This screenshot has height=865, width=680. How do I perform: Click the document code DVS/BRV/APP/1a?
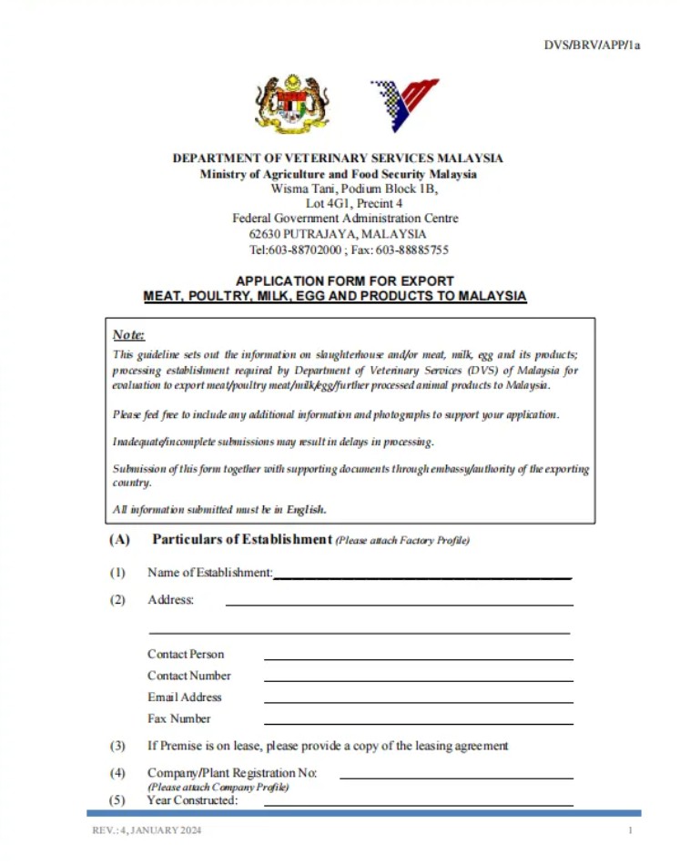point(592,44)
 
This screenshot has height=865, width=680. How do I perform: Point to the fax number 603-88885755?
point(411,249)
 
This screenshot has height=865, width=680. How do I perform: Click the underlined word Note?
point(129,335)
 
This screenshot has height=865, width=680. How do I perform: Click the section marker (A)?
point(119,540)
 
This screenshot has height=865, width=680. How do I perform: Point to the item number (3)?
point(118,746)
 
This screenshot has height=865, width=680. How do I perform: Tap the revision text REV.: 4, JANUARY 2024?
point(147,831)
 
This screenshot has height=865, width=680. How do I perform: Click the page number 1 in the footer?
point(630,831)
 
